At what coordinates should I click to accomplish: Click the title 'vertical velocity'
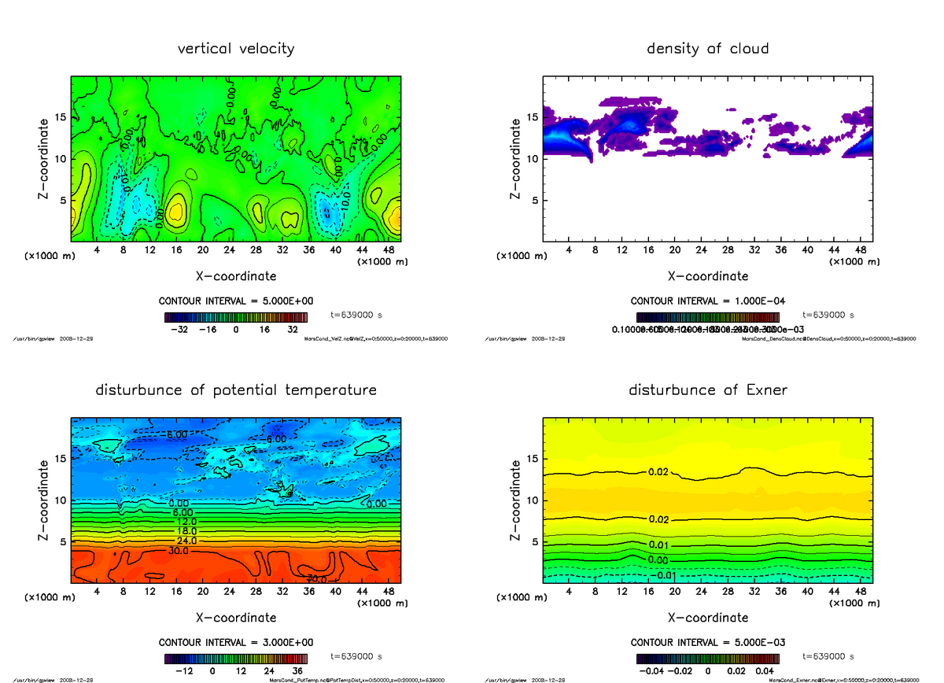[236, 49]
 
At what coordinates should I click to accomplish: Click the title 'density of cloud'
[707, 49]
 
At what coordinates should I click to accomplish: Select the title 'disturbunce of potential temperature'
[236, 390]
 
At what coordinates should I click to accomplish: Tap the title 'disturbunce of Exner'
[707, 390]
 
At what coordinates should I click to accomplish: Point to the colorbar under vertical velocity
[236, 317]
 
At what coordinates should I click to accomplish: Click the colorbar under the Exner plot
[708, 659]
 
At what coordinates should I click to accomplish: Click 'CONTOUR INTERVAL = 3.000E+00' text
[235, 642]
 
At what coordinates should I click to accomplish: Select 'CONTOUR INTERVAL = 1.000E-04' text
[708, 301]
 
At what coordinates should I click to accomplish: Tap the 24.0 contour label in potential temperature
[178, 541]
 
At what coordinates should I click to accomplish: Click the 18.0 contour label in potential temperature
[178, 532]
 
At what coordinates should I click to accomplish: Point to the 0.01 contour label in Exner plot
[658, 545]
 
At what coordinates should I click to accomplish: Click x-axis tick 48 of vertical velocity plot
[388, 250]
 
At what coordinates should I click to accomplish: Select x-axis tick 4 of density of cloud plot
[569, 250]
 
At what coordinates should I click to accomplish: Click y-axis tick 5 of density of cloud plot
[535, 200]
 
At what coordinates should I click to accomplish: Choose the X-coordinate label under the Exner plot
[707, 618]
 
